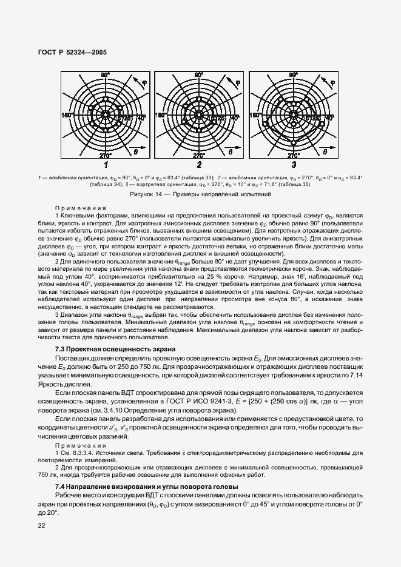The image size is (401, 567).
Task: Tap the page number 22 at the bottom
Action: (42, 526)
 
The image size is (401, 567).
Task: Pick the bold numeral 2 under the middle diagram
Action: (199, 164)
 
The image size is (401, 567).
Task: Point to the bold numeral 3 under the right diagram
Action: (294, 164)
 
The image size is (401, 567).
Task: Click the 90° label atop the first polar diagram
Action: (105, 75)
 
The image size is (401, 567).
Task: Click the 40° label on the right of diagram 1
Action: (141, 118)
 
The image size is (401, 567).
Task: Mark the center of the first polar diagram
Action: (105, 114)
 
